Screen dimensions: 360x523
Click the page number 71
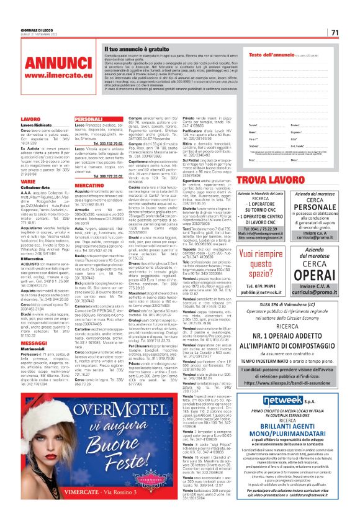click(335, 32)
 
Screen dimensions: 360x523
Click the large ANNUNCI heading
click(48, 64)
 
